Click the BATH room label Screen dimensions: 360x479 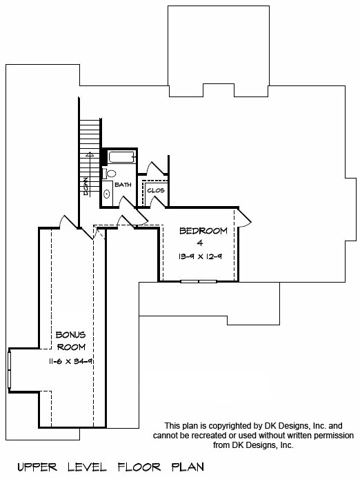pos(123,185)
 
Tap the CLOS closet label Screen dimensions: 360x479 pos(156,190)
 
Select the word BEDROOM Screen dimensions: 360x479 pos(203,231)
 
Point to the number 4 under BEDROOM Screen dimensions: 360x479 pos(200,243)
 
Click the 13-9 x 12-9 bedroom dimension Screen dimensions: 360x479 pos(200,256)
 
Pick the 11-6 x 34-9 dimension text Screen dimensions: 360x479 pos(71,361)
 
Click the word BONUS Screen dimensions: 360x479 pos(70,335)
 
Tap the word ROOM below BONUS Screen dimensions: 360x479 pos(71,347)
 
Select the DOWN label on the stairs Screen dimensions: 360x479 pos(86,186)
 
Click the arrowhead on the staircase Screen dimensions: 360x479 pos(90,154)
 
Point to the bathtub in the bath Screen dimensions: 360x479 pos(122,157)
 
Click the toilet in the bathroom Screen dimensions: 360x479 pos(110,174)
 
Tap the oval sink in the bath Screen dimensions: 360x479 pos(107,194)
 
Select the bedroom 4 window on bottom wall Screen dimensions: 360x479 pos(199,281)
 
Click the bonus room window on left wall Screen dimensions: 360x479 pos(9,370)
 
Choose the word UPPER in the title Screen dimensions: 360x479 pos(37,467)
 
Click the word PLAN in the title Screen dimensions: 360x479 pos(188,467)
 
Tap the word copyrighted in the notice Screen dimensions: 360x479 pos(231,425)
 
